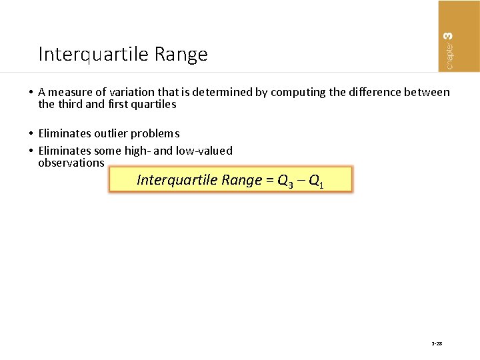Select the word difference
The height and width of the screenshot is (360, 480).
tap(372, 93)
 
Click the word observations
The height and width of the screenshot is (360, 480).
tap(71, 163)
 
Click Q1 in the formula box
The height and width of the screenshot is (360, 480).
tap(317, 181)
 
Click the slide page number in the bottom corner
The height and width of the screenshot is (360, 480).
tap(437, 343)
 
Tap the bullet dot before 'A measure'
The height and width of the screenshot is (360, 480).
tap(32, 93)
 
